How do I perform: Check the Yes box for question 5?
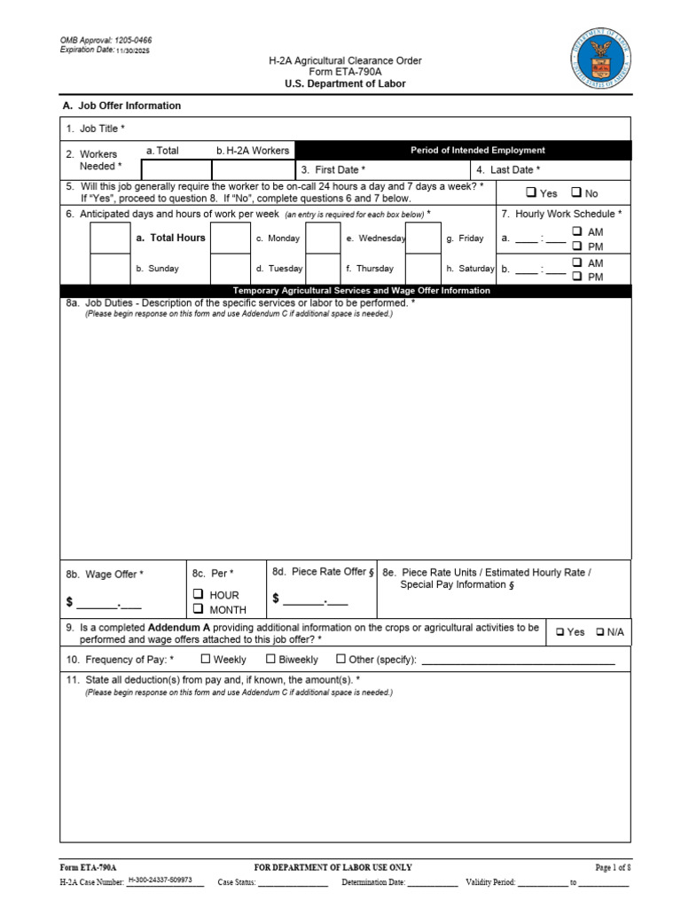[530, 192]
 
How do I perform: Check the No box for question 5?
[576, 192]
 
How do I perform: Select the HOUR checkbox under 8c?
[199, 594]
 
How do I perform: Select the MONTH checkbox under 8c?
[199, 609]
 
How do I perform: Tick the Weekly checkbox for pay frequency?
[206, 659]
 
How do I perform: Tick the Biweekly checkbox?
[271, 659]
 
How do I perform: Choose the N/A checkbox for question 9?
[600, 631]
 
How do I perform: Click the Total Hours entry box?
[111, 238]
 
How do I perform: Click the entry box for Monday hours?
[230, 238]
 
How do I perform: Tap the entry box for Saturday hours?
[423, 268]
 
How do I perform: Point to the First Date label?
[333, 169]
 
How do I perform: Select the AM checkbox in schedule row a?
[576, 231]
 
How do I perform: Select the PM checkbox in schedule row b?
[576, 277]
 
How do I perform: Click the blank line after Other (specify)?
[518, 660]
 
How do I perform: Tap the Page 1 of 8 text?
[612, 867]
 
